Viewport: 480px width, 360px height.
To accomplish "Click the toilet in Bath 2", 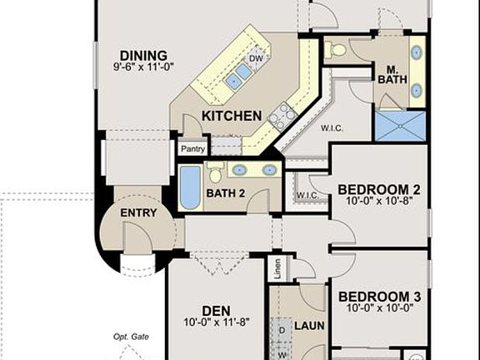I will click(215, 172).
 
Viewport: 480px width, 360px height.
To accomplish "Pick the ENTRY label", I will click(138, 213).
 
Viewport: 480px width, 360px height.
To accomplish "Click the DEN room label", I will click(216, 312).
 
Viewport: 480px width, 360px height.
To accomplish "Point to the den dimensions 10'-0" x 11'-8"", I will click(216, 323).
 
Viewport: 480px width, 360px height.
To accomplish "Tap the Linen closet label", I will click(277, 267).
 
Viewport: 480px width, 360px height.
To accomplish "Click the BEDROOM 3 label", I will click(379, 297).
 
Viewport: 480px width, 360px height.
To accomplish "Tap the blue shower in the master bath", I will click(399, 126).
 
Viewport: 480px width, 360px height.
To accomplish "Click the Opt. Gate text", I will click(131, 337).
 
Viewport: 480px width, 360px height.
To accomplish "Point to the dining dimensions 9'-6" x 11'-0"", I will click(143, 67).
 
